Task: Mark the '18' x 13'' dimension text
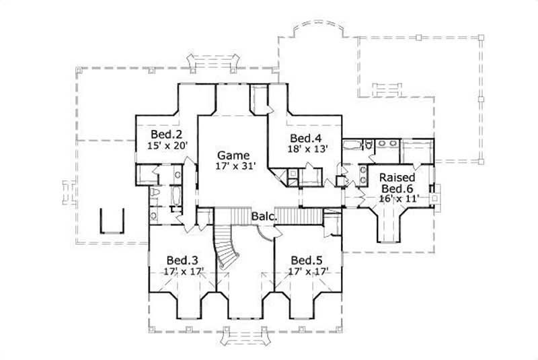(307, 149)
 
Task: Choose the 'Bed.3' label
(182, 260)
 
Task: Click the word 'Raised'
(397, 178)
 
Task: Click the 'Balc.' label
(262, 216)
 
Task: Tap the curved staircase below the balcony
(226, 249)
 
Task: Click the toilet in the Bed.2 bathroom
(155, 193)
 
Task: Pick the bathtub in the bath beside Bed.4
(351, 145)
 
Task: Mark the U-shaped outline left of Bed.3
(112, 219)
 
